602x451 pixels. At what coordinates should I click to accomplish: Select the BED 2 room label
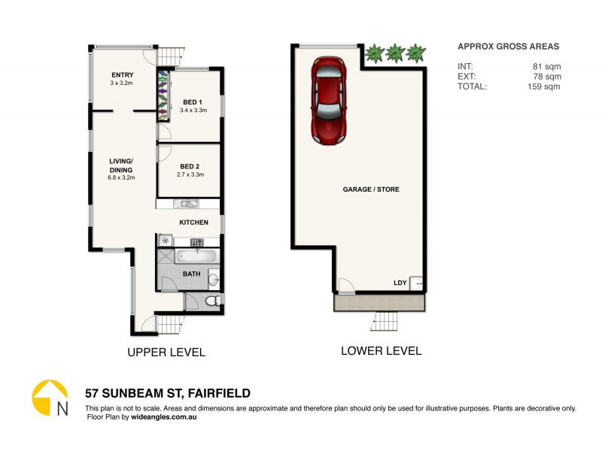[x=190, y=166]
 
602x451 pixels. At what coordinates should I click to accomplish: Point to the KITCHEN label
[x=193, y=222]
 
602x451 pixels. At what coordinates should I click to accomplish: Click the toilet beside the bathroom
[x=212, y=301]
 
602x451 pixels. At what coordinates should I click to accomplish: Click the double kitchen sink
[x=185, y=204]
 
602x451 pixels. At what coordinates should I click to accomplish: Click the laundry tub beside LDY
[x=415, y=284]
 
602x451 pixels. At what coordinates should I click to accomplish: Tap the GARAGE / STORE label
[x=371, y=189]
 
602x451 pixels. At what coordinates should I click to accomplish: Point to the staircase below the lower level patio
[x=382, y=322]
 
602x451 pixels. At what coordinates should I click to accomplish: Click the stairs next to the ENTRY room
[x=172, y=56]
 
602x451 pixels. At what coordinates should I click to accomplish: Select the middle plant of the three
[x=394, y=53]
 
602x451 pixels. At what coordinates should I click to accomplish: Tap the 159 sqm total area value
[x=544, y=86]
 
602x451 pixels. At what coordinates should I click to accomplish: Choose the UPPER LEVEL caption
[x=166, y=352]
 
